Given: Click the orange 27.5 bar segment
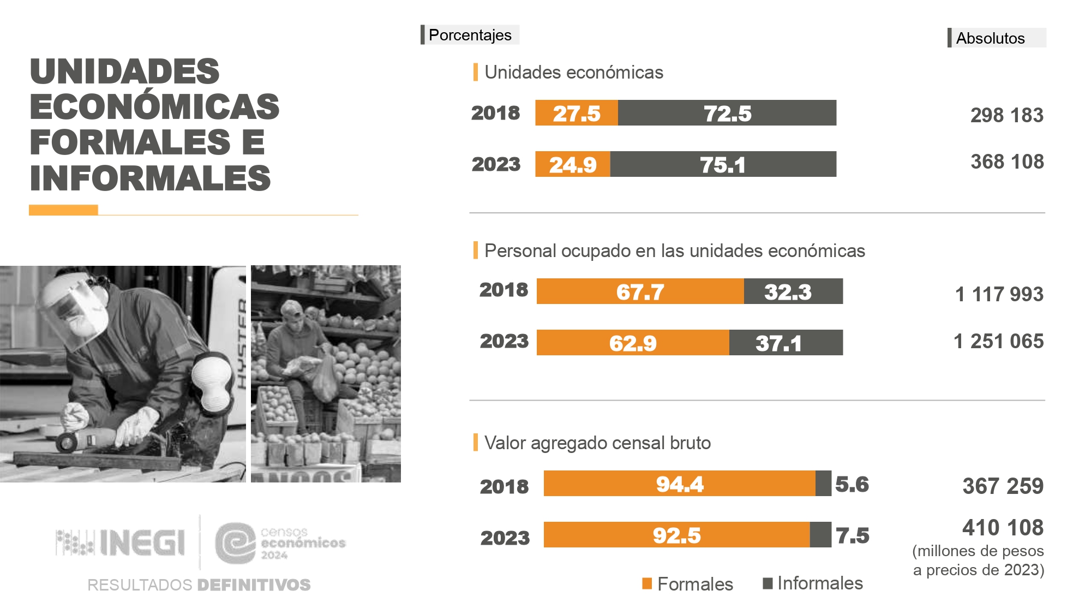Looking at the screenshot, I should coord(576,113).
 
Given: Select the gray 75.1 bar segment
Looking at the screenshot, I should coord(723,164).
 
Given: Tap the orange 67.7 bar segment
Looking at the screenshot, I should coord(640,291).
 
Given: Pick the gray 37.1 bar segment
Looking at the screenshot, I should coord(786,343).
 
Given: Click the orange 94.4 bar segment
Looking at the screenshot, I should coord(679,484).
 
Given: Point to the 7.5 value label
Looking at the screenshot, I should coord(853,535).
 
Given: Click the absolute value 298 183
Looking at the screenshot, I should coord(1006,115).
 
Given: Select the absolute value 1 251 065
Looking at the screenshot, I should coord(998,341).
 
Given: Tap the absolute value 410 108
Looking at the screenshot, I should coord(1003,528).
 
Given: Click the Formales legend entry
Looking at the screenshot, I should coord(688,584).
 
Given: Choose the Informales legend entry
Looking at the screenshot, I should coord(813,583).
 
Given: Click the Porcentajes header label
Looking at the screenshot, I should coord(470,35).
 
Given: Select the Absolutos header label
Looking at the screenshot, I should coord(990,38).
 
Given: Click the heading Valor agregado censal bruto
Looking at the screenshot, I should coord(597,443).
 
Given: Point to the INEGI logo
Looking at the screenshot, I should coord(121,543).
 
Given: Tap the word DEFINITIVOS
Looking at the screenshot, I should coord(254,585).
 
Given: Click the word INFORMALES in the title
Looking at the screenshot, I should coord(150,178).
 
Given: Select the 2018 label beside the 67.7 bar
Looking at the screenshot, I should coord(503,290).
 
